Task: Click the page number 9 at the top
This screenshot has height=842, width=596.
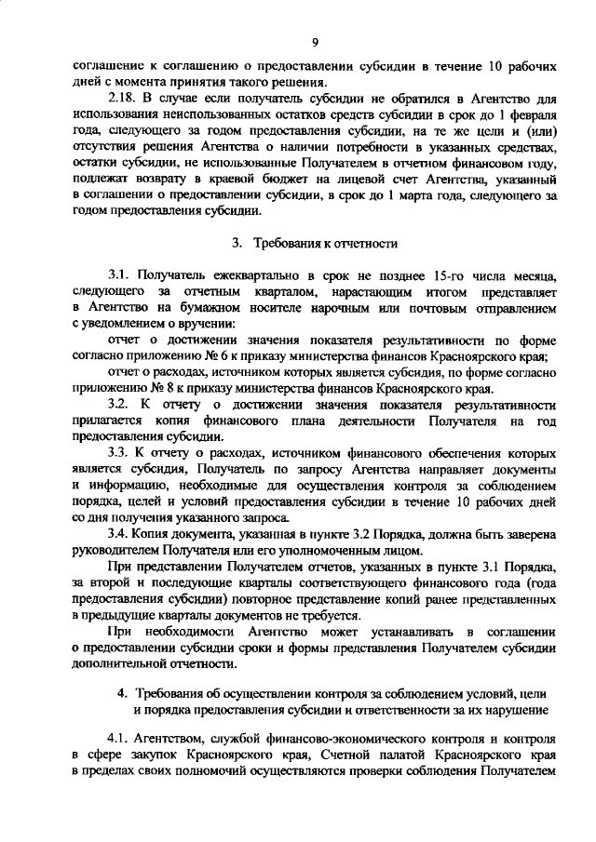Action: pos(316,42)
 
